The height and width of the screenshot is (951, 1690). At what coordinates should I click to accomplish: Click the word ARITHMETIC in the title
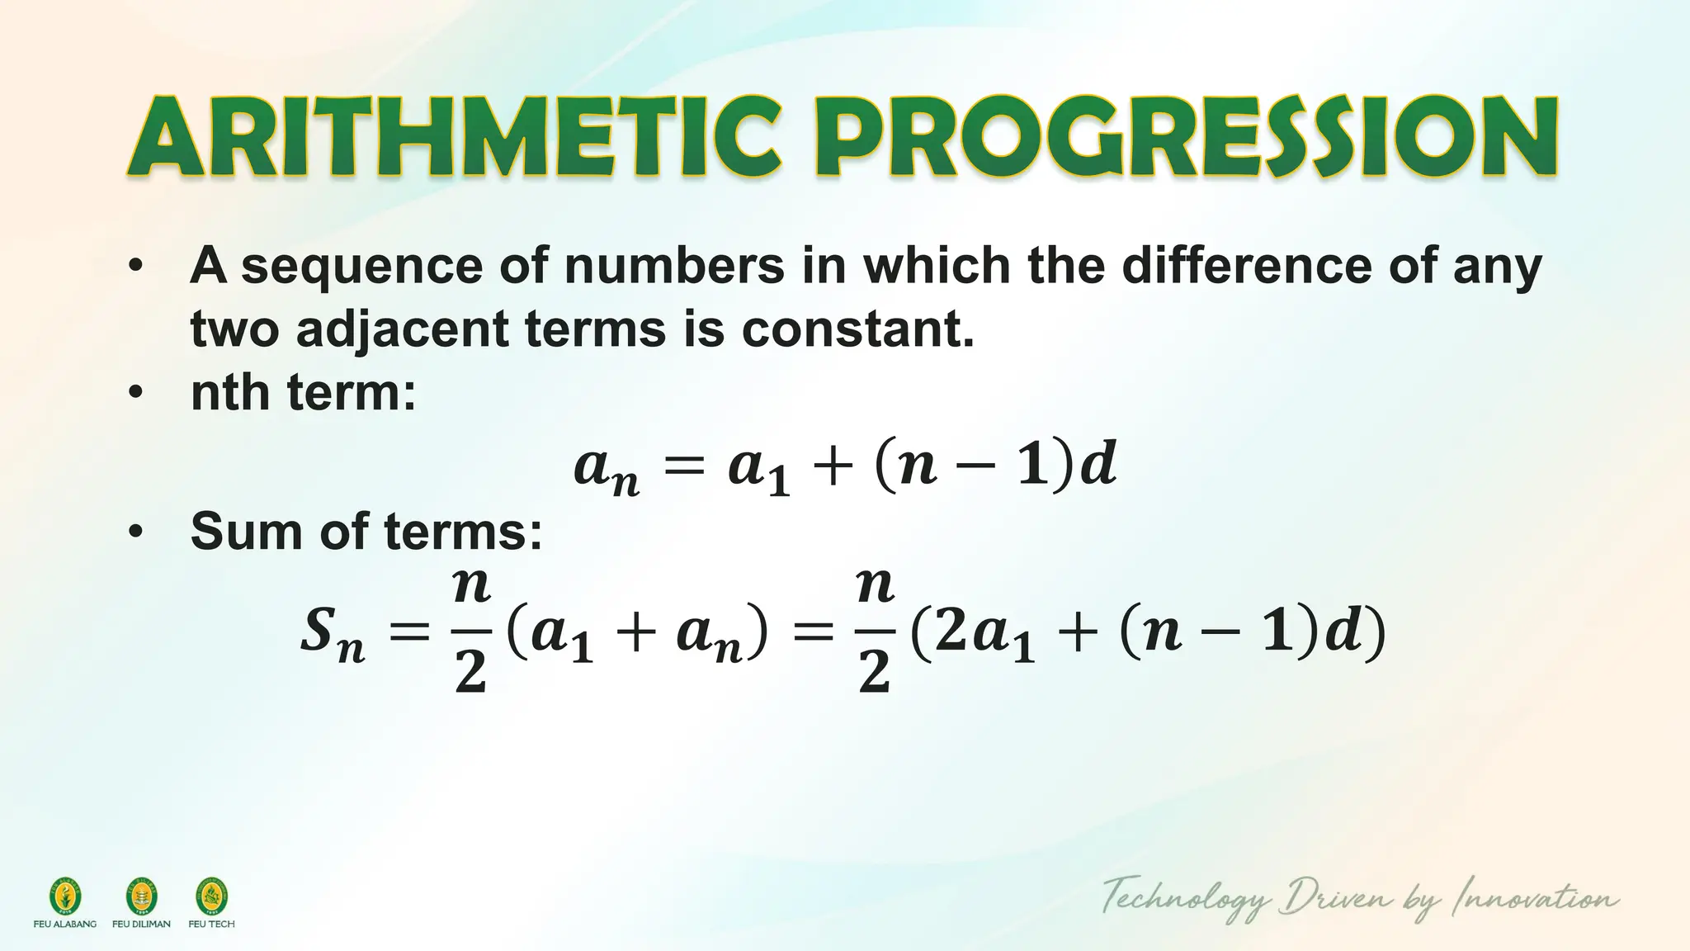[454, 138]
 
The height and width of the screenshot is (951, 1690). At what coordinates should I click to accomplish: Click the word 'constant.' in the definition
[857, 329]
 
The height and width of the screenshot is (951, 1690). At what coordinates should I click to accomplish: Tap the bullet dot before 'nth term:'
[136, 393]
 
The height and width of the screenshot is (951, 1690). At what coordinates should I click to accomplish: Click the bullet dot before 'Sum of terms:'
[136, 532]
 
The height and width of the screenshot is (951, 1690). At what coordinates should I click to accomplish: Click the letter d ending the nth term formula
[1098, 465]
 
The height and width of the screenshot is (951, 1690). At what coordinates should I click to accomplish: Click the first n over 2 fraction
[471, 632]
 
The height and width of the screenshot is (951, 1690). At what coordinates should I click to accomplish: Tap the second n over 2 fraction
[875, 632]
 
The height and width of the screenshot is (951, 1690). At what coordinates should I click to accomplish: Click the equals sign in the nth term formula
[685, 467]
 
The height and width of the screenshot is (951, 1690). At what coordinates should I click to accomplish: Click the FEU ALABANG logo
[64, 897]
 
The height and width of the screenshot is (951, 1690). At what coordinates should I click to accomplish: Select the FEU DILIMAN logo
[141, 897]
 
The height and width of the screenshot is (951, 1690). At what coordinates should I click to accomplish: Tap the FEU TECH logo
[211, 897]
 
